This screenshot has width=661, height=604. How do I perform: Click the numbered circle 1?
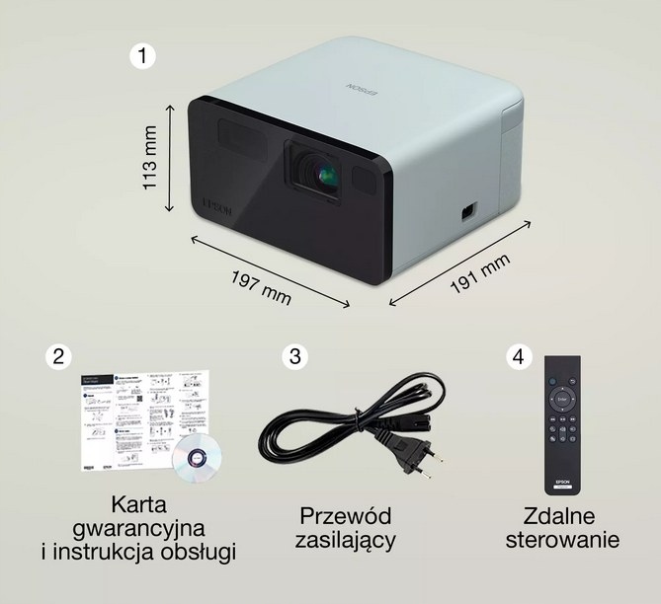pyautogui.click(x=144, y=56)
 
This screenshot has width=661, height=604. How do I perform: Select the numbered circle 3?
pyautogui.click(x=292, y=357)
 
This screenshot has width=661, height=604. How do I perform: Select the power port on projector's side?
pyautogui.click(x=466, y=211)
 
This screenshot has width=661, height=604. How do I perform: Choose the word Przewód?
pyautogui.click(x=346, y=516)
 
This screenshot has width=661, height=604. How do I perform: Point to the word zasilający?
pyautogui.click(x=346, y=540)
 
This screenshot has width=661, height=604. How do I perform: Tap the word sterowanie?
pyautogui.click(x=562, y=540)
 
